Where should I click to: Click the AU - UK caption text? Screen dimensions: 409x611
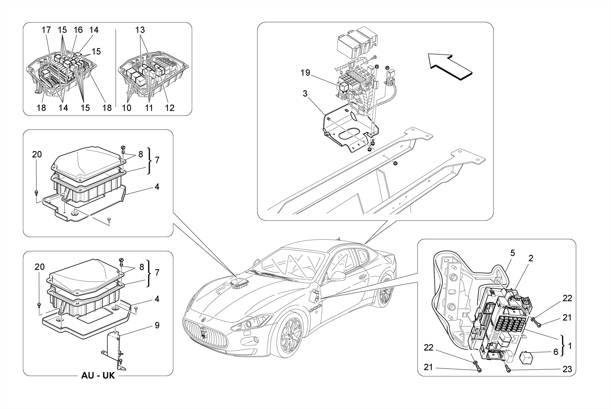coord(98,375)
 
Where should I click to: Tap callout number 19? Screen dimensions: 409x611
coord(305,73)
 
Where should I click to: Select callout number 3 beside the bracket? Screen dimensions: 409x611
coord(305,94)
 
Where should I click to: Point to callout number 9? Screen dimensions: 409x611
coord(157,325)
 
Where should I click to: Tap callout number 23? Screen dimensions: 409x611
coord(567,369)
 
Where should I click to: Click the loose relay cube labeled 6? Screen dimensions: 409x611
coord(527,357)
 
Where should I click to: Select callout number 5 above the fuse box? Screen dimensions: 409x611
coord(513,253)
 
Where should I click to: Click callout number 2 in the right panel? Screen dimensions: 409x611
coord(531,258)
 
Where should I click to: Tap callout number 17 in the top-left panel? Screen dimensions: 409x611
coord(46,30)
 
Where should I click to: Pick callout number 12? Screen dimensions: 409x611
coord(169,108)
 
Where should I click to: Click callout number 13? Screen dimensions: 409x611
coord(140,30)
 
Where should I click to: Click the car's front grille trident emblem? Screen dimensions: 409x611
coord(203,334)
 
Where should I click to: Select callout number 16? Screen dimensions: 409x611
coord(78,30)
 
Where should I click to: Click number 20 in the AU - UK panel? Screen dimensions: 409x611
coord(39,267)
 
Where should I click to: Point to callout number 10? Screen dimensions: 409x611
coord(126,108)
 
